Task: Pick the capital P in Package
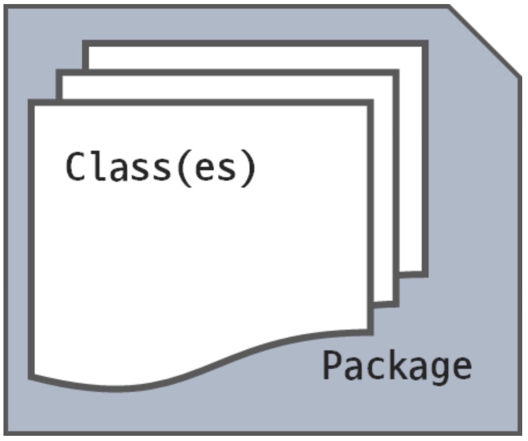pyautogui.click(x=333, y=365)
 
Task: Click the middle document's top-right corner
pyautogui.click(x=397, y=73)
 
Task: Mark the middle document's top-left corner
pyautogui.click(x=59, y=73)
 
